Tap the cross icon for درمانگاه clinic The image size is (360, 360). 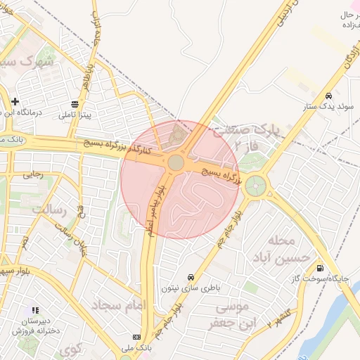[x=15, y=102]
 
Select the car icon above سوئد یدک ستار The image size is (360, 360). [x=328, y=96]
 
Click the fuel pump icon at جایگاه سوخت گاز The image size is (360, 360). [x=321, y=267]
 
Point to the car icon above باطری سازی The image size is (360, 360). [x=191, y=277]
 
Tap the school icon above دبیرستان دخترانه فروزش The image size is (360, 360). [x=35, y=309]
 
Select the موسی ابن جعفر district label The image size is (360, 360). [x=229, y=315]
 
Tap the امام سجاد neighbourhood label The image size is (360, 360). [x=117, y=305]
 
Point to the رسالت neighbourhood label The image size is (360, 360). [x=51, y=210]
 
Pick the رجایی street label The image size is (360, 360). [x=33, y=174]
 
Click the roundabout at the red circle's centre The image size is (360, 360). [x=176, y=163]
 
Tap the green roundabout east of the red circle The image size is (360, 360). [x=256, y=186]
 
